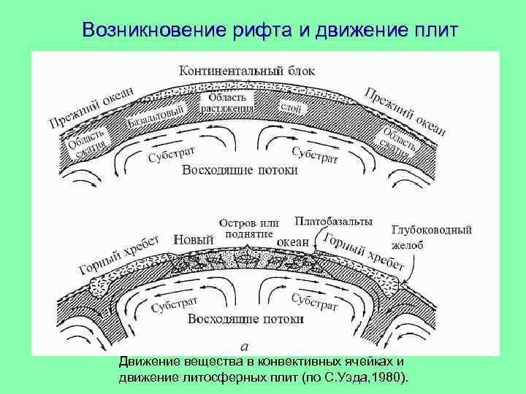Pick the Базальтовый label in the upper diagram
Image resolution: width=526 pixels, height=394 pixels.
point(158,115)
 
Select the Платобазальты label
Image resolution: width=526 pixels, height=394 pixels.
point(333,220)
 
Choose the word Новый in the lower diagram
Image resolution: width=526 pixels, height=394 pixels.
point(194,239)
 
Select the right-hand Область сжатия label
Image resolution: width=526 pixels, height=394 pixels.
point(400,138)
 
